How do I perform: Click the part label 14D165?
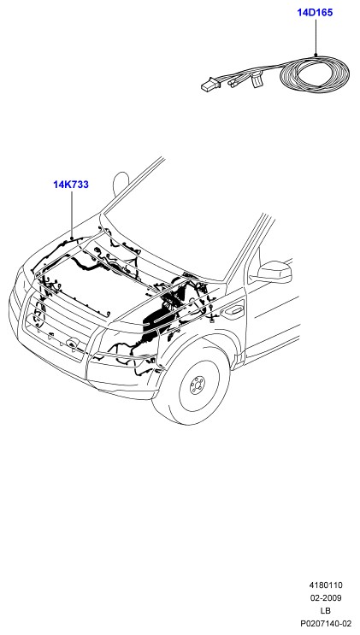click(x=315, y=13)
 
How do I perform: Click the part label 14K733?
click(x=71, y=185)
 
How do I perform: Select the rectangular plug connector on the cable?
click(x=210, y=85)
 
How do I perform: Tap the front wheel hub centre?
click(x=198, y=385)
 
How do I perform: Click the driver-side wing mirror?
click(x=272, y=272)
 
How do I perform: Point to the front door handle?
click(x=233, y=311)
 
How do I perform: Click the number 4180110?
click(x=326, y=585)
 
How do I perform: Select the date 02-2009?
click(x=326, y=597)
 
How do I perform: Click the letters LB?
click(x=325, y=611)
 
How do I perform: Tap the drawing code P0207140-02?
click(x=326, y=624)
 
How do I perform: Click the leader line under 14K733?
click(x=72, y=215)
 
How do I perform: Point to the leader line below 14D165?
click(x=316, y=37)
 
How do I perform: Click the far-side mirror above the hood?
click(x=121, y=183)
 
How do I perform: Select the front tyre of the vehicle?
click(x=191, y=383)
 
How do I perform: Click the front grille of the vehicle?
click(x=56, y=324)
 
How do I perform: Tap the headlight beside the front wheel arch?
click(x=122, y=351)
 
